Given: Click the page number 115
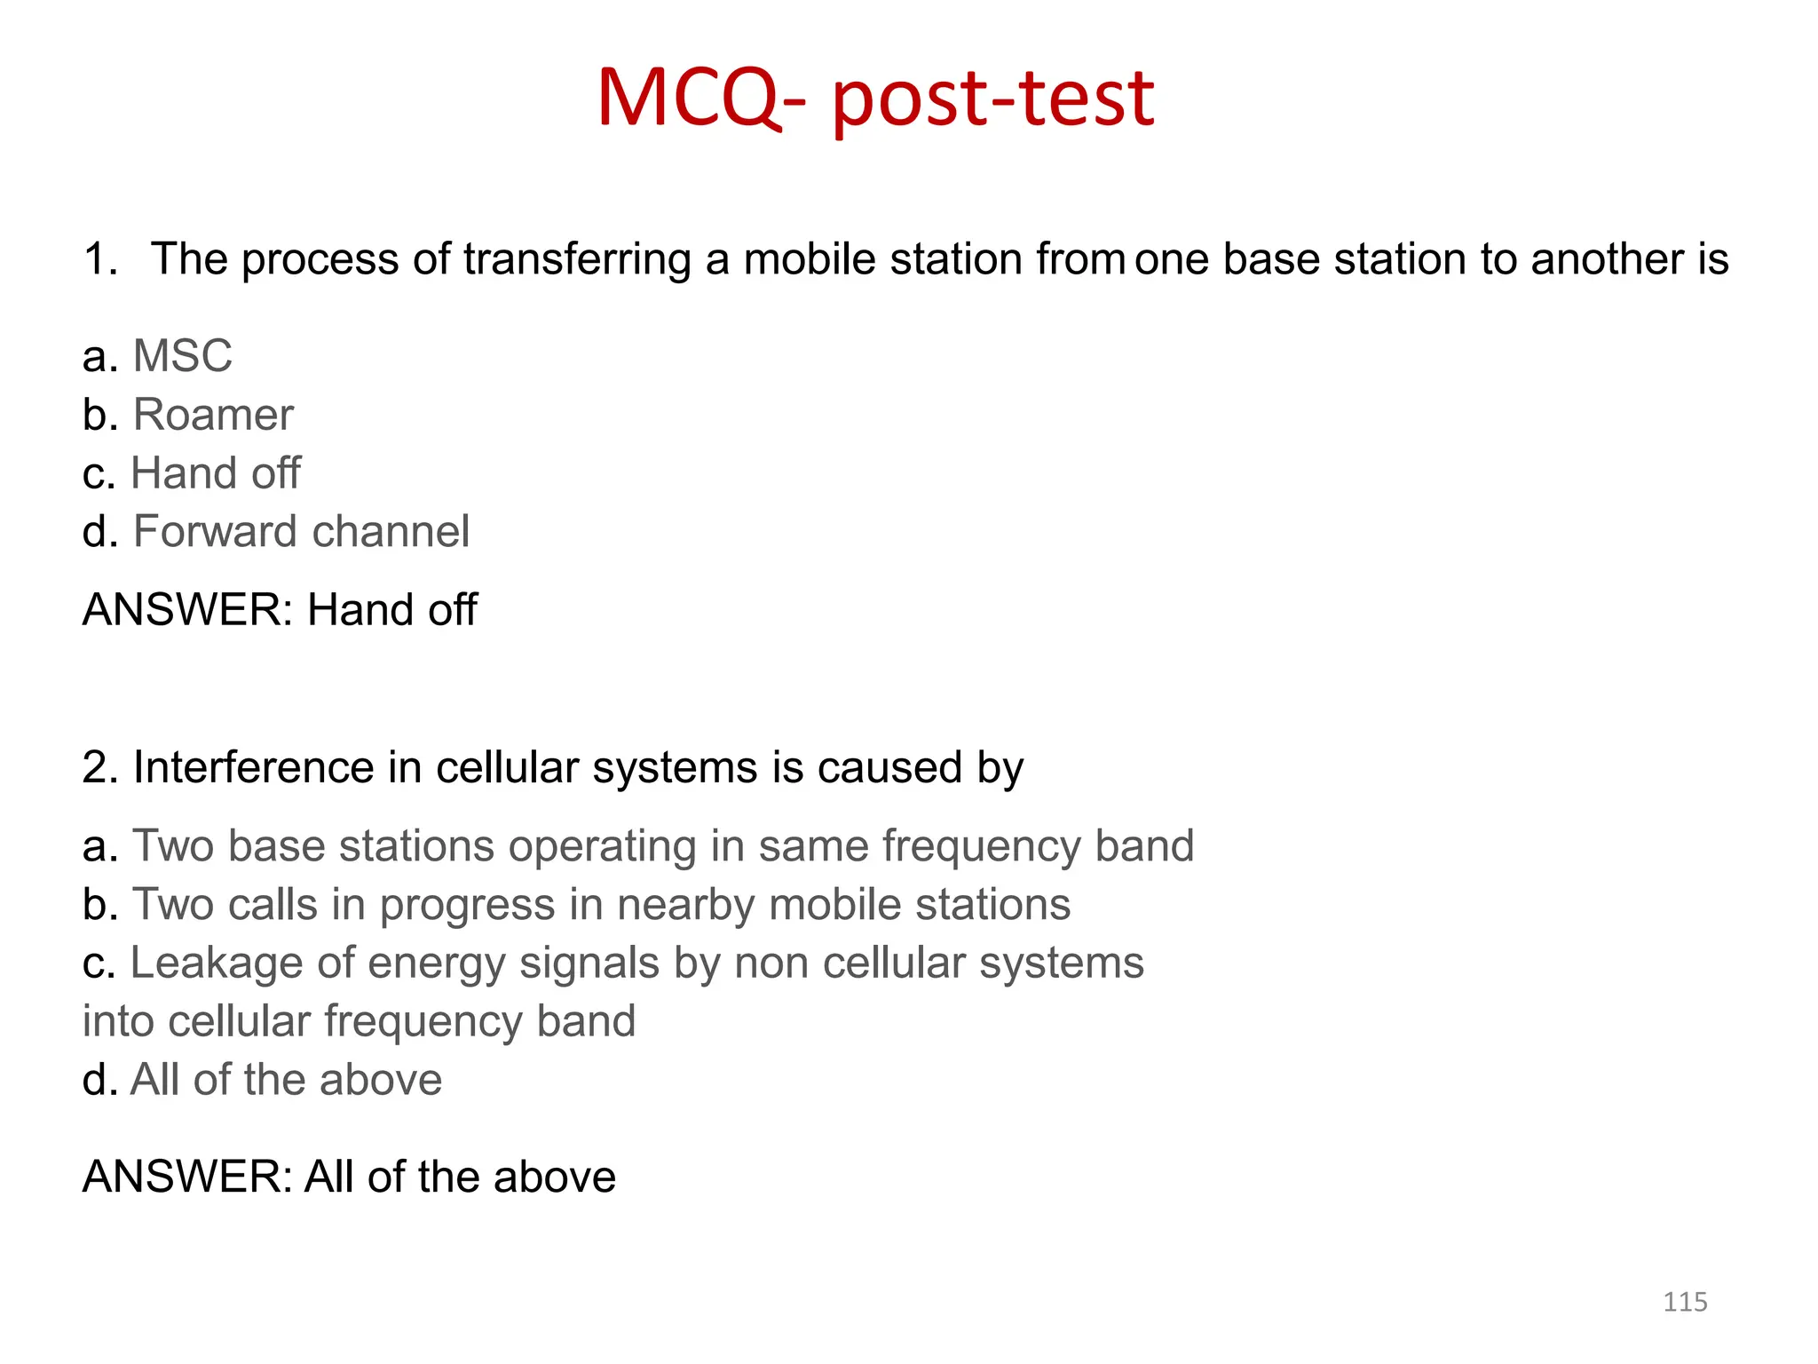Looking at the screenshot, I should (x=1684, y=1302).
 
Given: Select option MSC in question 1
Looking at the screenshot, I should (x=182, y=356).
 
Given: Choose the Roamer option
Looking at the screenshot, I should (x=212, y=415).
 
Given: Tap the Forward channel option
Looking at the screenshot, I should (x=300, y=532).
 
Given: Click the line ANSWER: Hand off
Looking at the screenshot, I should (x=280, y=610).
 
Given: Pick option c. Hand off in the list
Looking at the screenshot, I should (x=215, y=473).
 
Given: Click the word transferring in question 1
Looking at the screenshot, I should (x=577, y=260).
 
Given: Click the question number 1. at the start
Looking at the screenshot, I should (x=100, y=260).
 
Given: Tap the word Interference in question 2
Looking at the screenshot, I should (x=253, y=767).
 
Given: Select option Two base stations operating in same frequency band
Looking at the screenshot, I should (x=662, y=845).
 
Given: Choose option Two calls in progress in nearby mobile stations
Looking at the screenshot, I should (x=601, y=905).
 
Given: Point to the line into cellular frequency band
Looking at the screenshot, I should (x=359, y=1021).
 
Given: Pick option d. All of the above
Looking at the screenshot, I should (x=285, y=1080).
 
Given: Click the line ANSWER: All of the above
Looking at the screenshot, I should (x=349, y=1177).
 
